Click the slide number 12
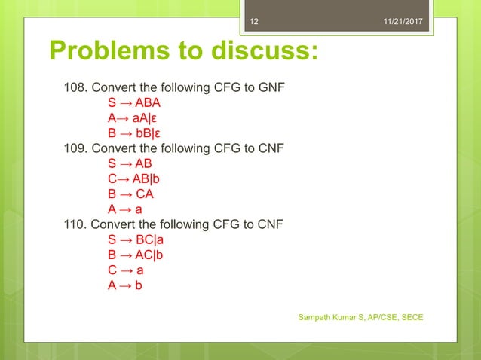pos(254,22)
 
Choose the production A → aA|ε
pos(133,119)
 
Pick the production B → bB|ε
pos(133,133)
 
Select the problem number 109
pos(73,148)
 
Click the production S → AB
pos(130,163)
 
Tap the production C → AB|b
pos(133,178)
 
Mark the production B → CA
pos(130,194)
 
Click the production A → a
pos(125,209)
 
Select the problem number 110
pos(73,224)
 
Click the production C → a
pos(125,269)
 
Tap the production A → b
pos(125,284)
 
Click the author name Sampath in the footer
pos(317,317)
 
